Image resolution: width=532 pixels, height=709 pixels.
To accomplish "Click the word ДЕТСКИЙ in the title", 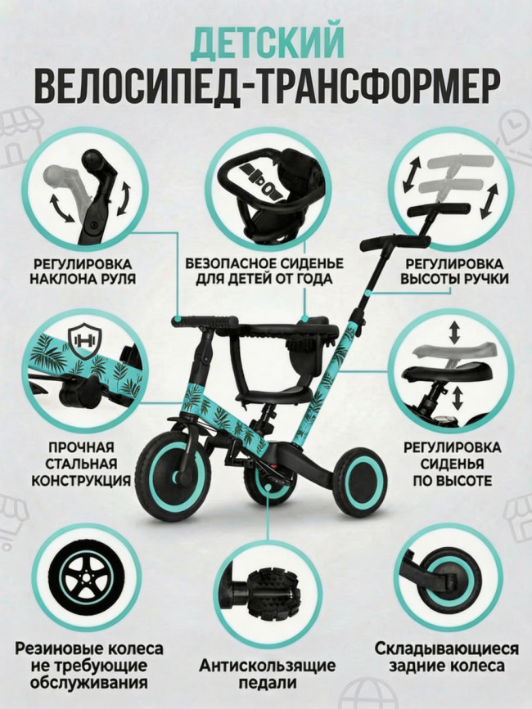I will pos(267,42).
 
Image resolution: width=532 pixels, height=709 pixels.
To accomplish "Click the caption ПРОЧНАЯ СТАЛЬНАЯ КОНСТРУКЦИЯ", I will pos(80,464).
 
